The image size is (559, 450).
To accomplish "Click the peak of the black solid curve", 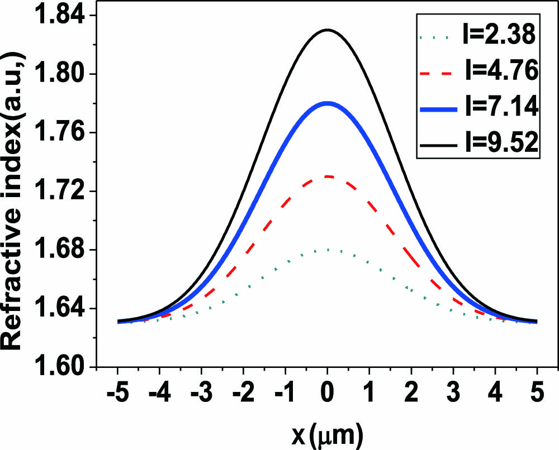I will (x=328, y=30).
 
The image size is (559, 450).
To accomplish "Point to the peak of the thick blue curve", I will (x=328, y=103).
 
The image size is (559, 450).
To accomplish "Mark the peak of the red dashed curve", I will (x=328, y=176).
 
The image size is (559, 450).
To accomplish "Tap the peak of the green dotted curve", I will (x=328, y=250).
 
